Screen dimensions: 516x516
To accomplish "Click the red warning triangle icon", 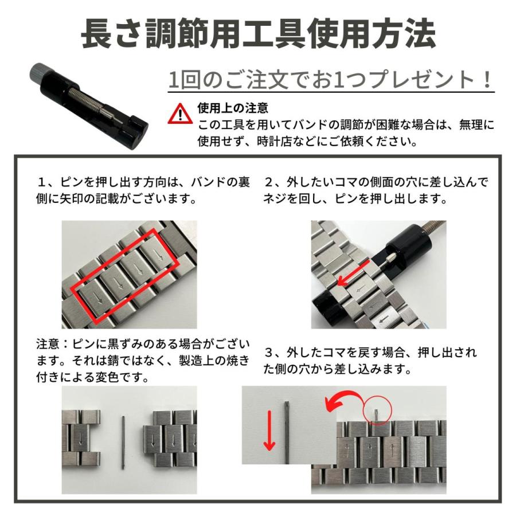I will pyautogui.click(x=180, y=114).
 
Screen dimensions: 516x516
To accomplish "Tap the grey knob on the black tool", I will pyautogui.click(x=37, y=73).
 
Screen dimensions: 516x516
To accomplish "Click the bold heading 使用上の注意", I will pyautogui.click(x=233, y=108).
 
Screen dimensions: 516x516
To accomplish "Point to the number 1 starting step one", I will pyautogui.click(x=42, y=183).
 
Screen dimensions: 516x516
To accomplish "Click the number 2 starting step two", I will pyautogui.click(x=268, y=183).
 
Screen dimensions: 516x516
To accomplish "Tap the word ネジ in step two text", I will pyautogui.click(x=275, y=200).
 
